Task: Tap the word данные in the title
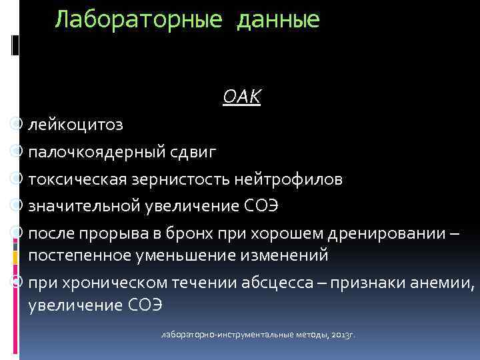[277, 20]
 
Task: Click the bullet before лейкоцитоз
[19, 125]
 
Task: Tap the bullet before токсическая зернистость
[19, 179]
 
